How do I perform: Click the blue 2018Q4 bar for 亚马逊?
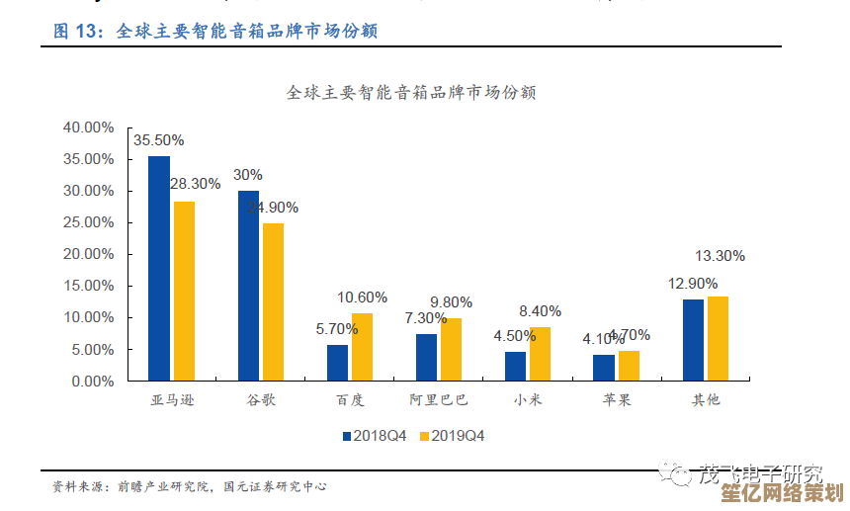click(159, 268)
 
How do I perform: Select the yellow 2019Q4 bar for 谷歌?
click(273, 301)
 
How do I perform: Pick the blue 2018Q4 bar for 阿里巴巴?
click(426, 357)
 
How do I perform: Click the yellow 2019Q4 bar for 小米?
click(540, 354)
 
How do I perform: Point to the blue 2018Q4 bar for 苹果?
click(604, 368)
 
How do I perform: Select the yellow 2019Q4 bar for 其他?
click(718, 338)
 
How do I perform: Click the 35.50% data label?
click(159, 140)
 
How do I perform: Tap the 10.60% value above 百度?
click(362, 298)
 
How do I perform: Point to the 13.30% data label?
click(720, 256)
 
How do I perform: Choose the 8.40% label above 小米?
click(540, 311)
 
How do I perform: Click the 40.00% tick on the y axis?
click(88, 128)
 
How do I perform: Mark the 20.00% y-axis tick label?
click(88, 254)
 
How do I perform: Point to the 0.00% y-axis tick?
click(92, 381)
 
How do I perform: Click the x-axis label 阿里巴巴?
click(439, 400)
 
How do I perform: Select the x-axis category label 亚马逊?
click(171, 400)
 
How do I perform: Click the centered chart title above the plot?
click(411, 93)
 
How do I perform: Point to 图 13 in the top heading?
click(78, 32)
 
